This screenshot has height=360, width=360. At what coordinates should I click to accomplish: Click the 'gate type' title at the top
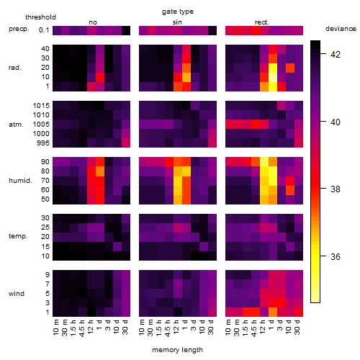[178, 12]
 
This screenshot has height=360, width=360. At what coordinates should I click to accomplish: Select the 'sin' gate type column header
[177, 22]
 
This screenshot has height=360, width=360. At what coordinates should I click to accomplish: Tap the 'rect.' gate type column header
[262, 22]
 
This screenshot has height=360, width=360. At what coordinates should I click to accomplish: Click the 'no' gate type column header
[93, 22]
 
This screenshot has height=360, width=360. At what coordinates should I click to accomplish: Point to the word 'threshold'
[40, 17]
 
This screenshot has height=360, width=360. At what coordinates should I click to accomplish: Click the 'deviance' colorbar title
[341, 29]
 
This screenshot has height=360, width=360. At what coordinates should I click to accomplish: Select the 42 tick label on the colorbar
[336, 55]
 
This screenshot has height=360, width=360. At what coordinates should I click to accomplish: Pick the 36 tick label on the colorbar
[336, 257]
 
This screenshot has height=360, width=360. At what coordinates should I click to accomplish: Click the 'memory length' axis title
[178, 350]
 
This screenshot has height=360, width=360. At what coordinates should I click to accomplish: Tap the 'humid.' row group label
[20, 181]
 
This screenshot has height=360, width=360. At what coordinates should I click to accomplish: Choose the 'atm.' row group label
[16, 125]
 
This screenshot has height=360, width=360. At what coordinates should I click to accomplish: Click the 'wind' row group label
[17, 294]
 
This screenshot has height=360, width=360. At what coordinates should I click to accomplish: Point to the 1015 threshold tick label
[41, 106]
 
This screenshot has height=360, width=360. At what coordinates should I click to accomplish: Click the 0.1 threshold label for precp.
[44, 30]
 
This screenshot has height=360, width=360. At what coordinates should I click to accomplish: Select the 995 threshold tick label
[43, 143]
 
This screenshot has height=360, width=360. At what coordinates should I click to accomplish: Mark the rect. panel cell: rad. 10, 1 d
[273, 77]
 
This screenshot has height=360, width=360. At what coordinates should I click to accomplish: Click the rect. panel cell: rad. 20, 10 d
[290, 68]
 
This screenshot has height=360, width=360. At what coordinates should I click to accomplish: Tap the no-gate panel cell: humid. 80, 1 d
[100, 171]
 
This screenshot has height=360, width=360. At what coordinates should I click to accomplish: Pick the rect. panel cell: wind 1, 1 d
[273, 312]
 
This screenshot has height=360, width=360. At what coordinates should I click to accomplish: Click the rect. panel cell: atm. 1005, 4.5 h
[256, 125]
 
